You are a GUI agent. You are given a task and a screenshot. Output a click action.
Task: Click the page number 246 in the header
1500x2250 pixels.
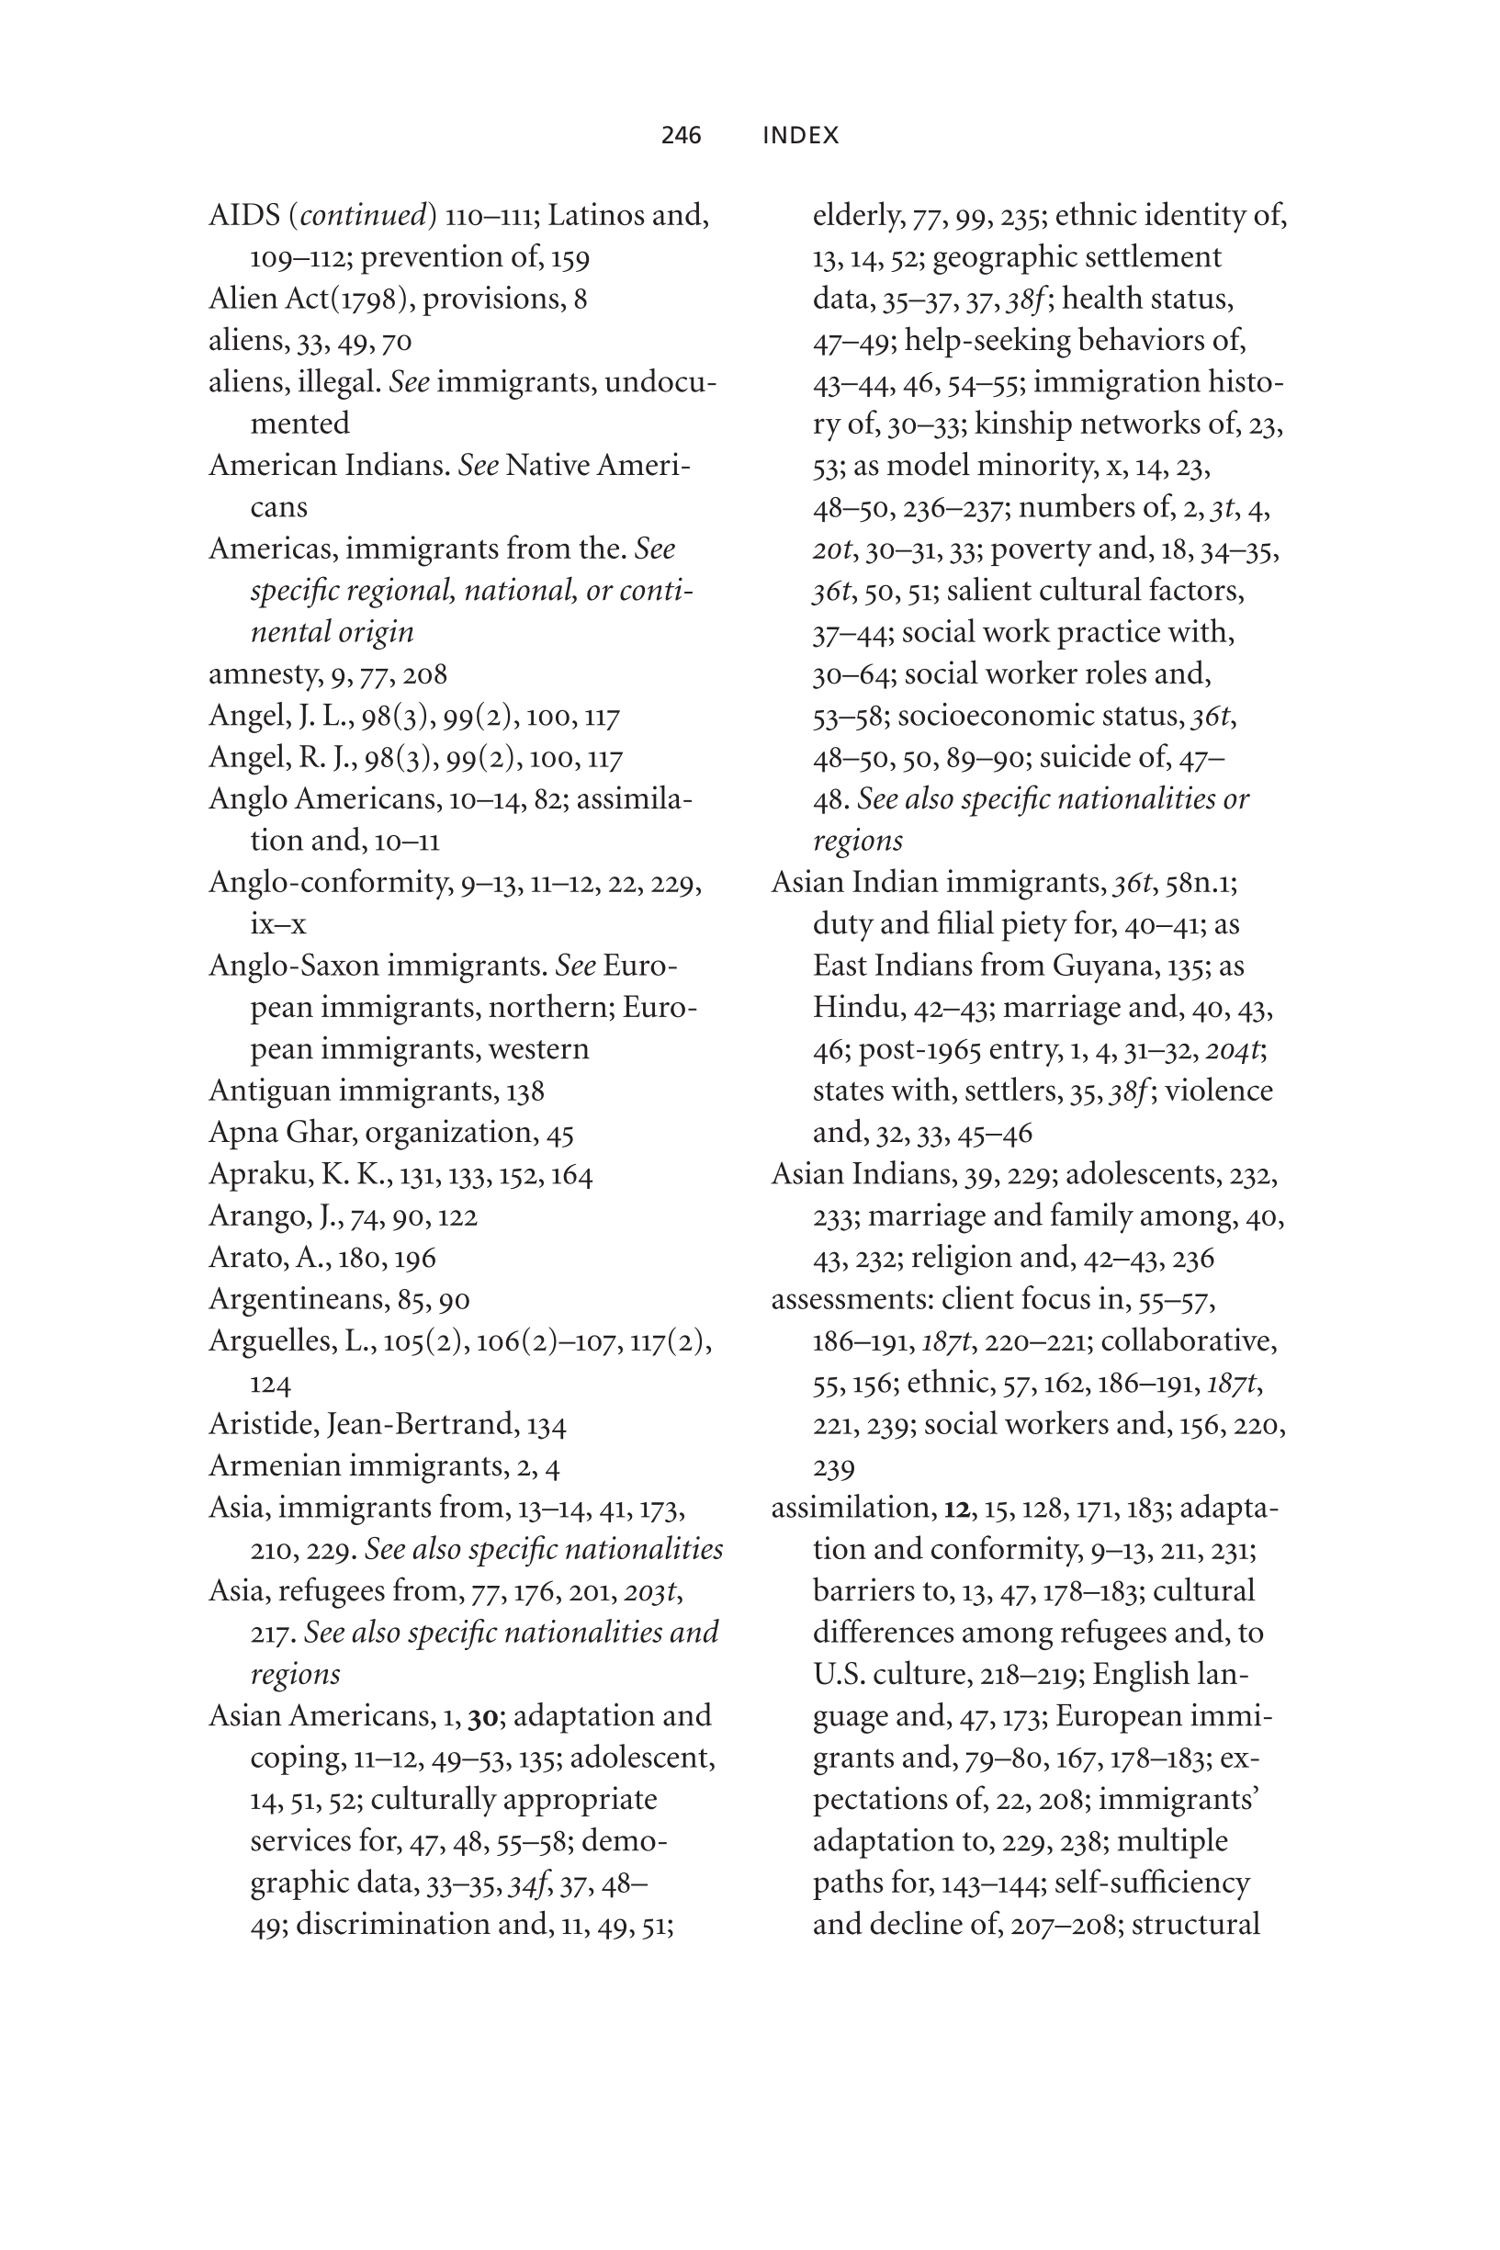(682, 136)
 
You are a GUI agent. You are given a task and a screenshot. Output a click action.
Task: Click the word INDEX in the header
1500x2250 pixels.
(801, 136)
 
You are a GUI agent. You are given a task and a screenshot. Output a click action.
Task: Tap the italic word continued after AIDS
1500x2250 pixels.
(364, 216)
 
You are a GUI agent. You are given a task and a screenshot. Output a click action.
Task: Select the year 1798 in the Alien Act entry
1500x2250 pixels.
(366, 300)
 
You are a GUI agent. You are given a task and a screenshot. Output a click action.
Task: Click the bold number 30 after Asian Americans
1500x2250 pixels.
(482, 1717)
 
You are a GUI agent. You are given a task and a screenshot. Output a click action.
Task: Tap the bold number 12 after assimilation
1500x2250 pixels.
(955, 1509)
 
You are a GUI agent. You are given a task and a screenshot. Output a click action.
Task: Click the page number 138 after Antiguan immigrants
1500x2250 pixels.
(525, 1091)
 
